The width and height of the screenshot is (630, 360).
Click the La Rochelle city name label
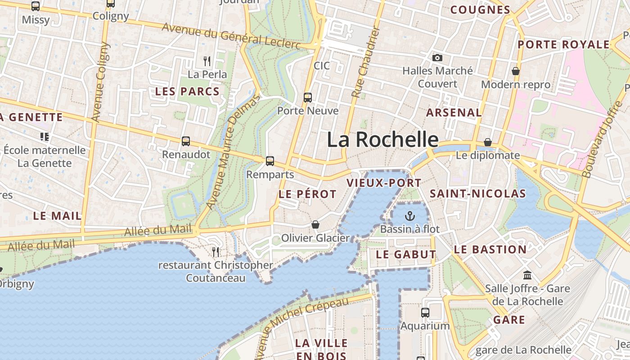pos(382,139)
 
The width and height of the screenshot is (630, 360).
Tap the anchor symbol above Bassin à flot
pos(409,216)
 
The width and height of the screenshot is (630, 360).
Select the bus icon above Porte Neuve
pos(308,97)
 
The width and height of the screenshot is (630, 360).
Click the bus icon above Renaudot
pos(186,141)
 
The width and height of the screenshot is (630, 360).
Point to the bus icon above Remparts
pos(270,161)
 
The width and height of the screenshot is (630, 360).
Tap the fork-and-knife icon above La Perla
pos(207,61)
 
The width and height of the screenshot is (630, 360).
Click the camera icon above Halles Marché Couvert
pos(437,58)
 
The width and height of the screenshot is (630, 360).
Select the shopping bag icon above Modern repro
pos(516,71)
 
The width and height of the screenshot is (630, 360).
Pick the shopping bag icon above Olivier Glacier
pos(315,224)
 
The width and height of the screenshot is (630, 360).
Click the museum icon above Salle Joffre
pos(527,275)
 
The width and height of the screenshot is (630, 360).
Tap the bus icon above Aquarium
pos(425,312)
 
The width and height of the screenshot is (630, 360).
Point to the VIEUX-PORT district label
pos(384,183)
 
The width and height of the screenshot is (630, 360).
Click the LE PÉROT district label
pos(307,194)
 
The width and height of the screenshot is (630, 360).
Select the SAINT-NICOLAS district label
pos(478,194)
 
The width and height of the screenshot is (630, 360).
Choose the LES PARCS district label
pos(187,92)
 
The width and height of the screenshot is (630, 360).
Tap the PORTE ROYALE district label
pos(563,45)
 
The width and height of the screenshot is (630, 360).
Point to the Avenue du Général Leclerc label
pos(231,36)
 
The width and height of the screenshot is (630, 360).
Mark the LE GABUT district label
pos(406,254)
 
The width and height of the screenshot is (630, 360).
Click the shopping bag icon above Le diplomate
pos(488,142)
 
